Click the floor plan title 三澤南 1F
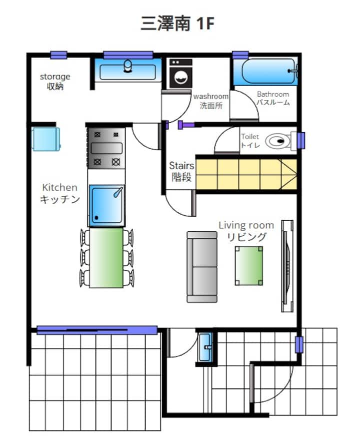point(177,23)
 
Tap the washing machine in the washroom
point(180,74)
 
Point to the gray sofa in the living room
point(202,266)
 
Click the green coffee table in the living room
point(248,266)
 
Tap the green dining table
point(106,258)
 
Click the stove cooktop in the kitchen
point(106,148)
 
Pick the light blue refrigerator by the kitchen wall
point(45,139)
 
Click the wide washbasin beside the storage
point(128,70)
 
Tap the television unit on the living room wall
point(287,266)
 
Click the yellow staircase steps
point(246,174)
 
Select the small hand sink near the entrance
point(205,347)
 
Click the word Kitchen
point(59,187)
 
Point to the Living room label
point(246,225)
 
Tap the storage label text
point(55,77)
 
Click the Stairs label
point(181,166)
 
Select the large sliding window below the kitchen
point(97,330)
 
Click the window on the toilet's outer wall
point(301,141)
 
